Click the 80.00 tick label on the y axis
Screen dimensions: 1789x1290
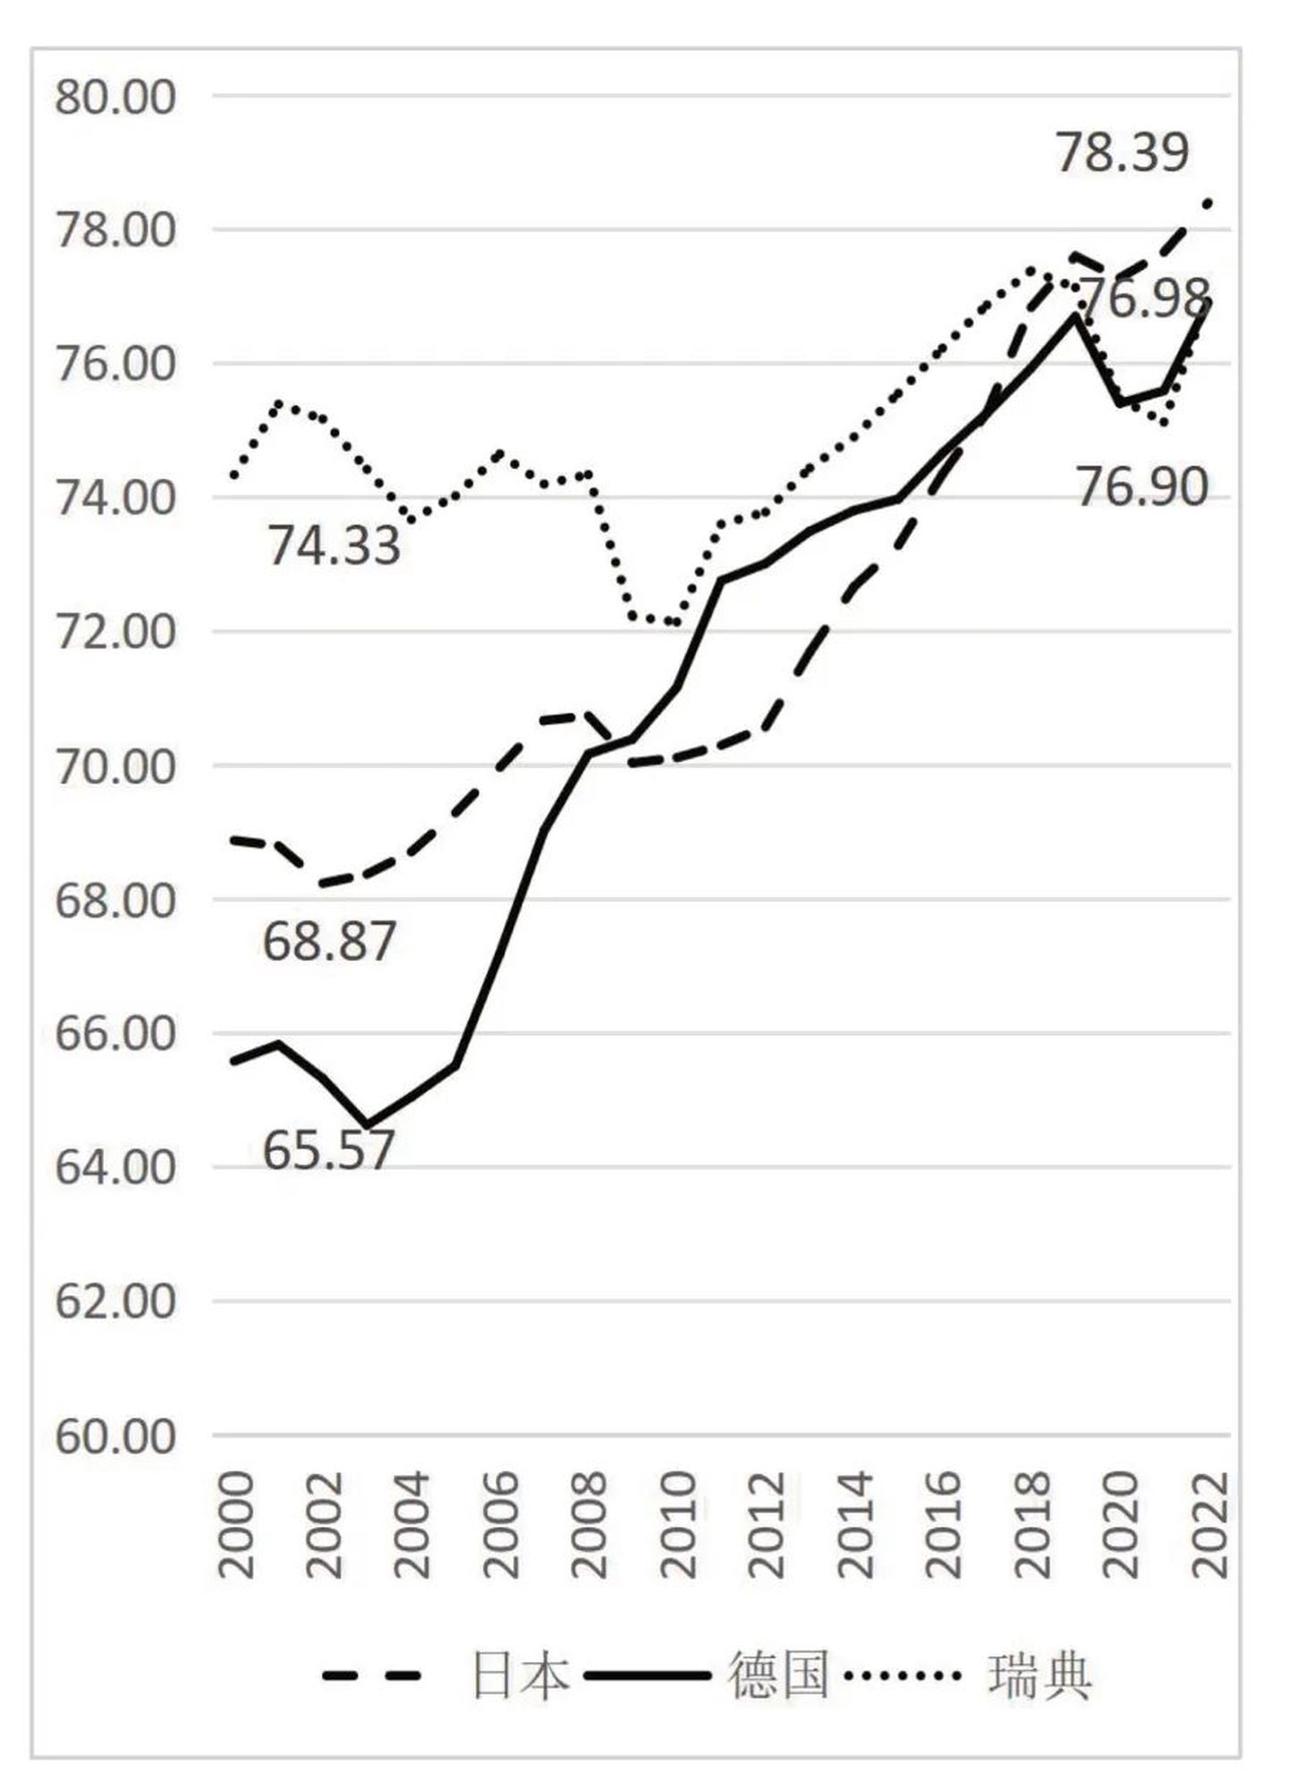point(115,97)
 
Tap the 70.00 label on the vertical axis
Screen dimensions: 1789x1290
point(115,767)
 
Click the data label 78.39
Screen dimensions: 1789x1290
point(1123,152)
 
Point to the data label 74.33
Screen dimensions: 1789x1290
point(335,546)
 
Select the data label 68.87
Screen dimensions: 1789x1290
point(329,942)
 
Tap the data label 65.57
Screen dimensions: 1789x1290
point(328,1150)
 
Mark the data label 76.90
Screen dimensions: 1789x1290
point(1141,488)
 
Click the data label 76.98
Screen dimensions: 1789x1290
point(1145,298)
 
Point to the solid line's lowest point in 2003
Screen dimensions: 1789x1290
point(366,1125)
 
